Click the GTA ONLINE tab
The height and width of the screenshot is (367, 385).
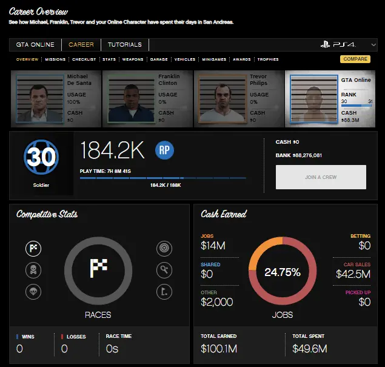point(35,45)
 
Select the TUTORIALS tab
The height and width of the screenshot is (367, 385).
point(125,45)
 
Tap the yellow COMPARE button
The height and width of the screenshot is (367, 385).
point(355,59)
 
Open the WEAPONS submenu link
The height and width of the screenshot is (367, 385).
point(133,59)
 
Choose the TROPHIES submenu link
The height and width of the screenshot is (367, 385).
point(267,59)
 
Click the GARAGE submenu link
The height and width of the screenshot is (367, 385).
point(159,59)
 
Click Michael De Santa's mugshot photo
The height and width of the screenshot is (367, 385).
point(39,98)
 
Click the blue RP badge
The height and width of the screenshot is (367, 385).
point(164,149)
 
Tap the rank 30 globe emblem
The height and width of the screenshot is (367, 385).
point(41,157)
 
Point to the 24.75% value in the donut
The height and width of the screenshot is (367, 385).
point(283,272)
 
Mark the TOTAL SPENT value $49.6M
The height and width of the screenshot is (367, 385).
point(309,348)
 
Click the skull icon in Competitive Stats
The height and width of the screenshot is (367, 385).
point(33,269)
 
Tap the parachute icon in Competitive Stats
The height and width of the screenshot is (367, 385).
point(33,292)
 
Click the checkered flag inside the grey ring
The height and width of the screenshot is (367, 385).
point(98,268)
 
